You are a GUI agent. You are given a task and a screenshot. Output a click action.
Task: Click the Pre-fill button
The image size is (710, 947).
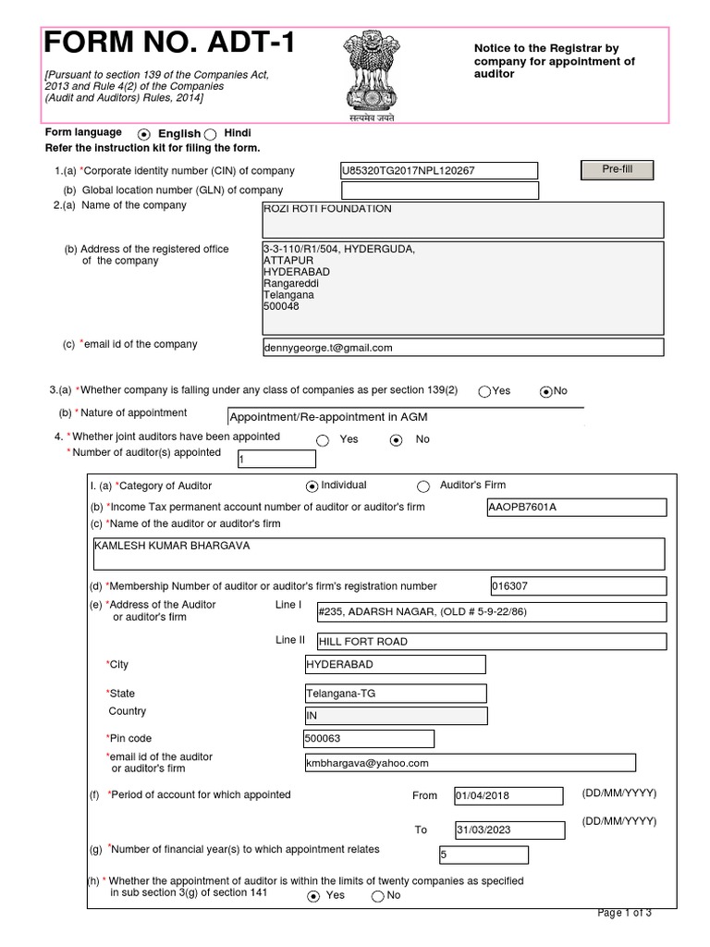point(616,170)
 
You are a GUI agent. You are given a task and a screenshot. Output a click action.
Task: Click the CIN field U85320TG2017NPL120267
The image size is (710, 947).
point(439,171)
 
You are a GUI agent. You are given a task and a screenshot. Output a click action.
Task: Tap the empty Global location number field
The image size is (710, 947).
point(439,191)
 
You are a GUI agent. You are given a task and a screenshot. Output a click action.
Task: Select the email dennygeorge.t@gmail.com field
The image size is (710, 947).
point(462,348)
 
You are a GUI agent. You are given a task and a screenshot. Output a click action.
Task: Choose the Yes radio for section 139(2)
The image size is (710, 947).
point(484,391)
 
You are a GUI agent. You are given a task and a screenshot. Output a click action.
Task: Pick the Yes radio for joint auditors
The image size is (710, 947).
point(323,440)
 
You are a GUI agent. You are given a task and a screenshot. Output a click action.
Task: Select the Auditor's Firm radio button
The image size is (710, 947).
point(424,486)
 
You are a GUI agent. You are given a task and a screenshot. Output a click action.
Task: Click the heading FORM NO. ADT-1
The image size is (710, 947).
point(170,43)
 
